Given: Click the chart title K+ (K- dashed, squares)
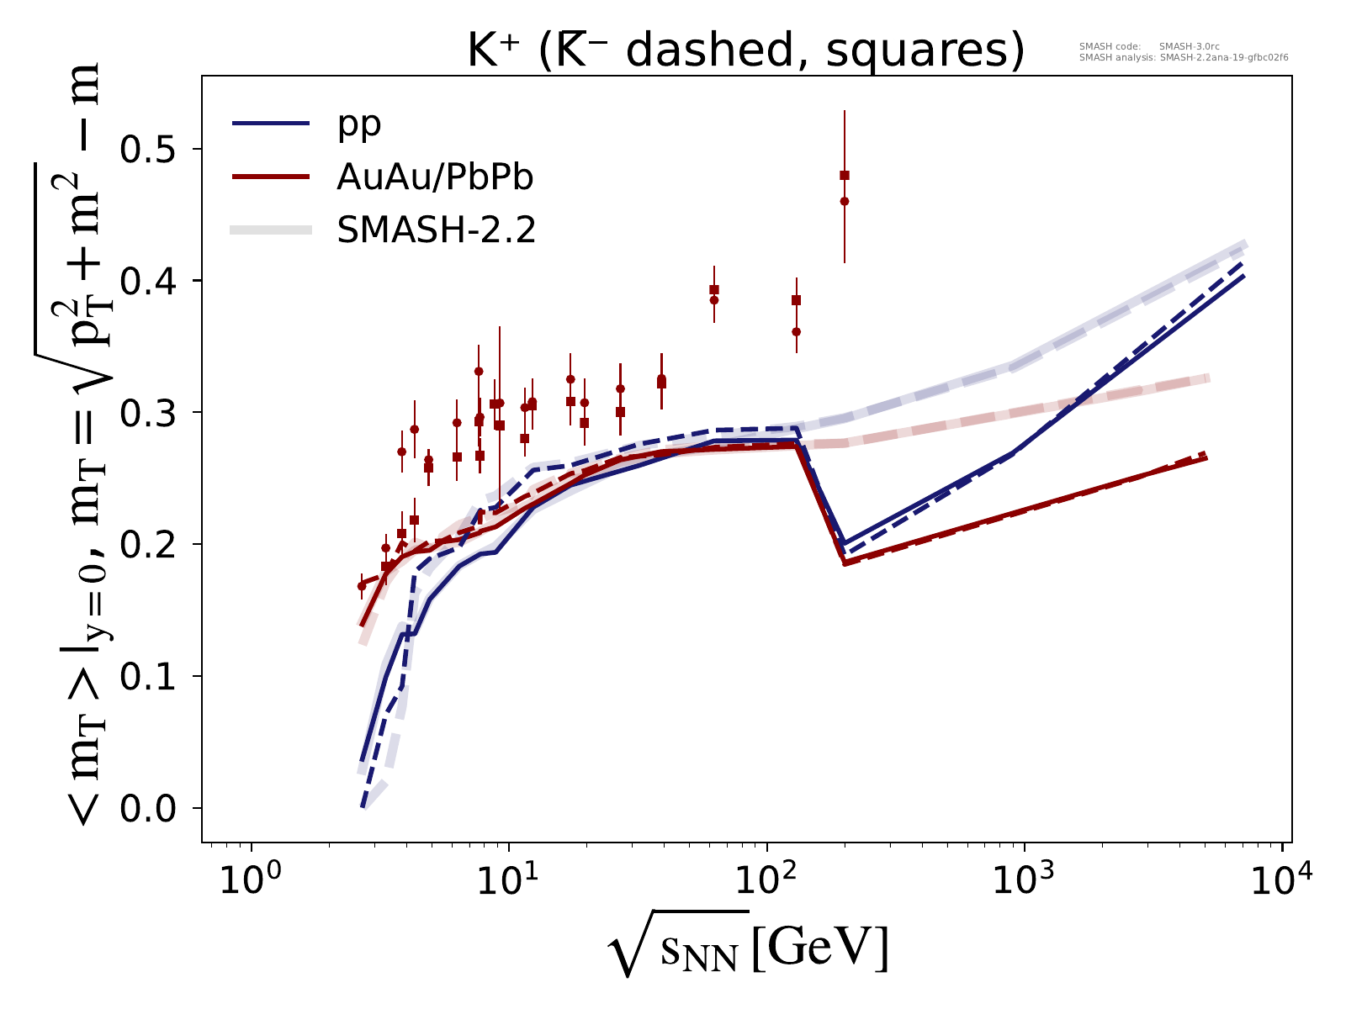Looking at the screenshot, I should [x=745, y=52].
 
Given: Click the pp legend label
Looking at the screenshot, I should [x=359, y=124].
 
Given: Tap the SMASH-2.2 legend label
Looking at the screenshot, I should [x=437, y=230].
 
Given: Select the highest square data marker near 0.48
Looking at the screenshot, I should [x=845, y=175].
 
